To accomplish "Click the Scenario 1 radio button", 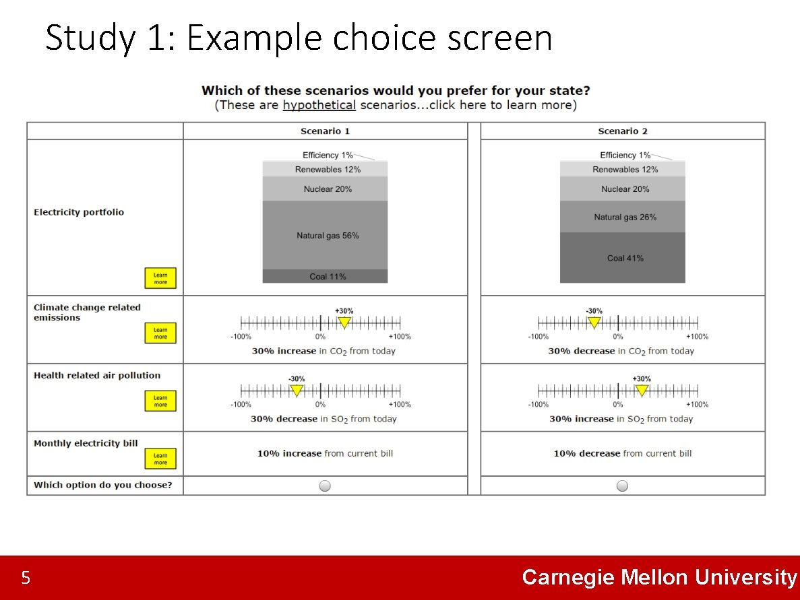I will (325, 486).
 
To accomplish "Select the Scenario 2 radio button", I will (622, 486).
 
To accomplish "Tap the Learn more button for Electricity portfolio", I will (160, 278).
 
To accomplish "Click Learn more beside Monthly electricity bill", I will (160, 459).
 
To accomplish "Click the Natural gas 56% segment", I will (326, 235).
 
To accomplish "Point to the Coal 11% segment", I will (326, 276).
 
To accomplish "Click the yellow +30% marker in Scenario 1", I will (344, 323).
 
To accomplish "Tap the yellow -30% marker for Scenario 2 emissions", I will (594, 323).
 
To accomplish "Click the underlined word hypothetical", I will (319, 105).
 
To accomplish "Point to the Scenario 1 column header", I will (325, 131).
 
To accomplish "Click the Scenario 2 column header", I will (623, 131).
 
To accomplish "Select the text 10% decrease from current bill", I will (622, 453).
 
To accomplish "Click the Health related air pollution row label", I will (97, 376).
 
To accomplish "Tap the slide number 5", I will (26, 578).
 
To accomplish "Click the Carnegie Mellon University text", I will (659, 577).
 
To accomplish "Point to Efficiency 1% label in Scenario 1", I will (328, 155).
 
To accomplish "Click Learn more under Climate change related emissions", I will (160, 333).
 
